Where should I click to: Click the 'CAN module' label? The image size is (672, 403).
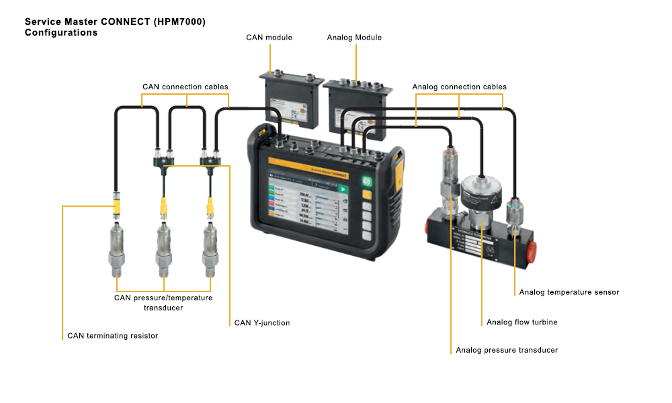tap(269, 38)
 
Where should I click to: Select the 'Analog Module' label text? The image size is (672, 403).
tap(354, 38)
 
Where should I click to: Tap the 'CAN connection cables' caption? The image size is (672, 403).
tap(185, 87)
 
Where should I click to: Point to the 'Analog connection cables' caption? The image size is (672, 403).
tap(459, 87)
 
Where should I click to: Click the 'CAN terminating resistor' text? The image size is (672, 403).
tap(113, 336)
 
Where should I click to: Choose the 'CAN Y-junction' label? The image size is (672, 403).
tap(262, 323)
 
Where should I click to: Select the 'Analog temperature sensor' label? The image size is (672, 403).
tap(569, 292)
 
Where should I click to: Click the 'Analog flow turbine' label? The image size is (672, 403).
tap(521, 322)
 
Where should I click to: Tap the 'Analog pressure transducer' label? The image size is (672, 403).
tap(507, 350)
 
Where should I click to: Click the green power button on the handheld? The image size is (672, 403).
tap(367, 181)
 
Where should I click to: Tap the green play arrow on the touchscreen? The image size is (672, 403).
tap(344, 190)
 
